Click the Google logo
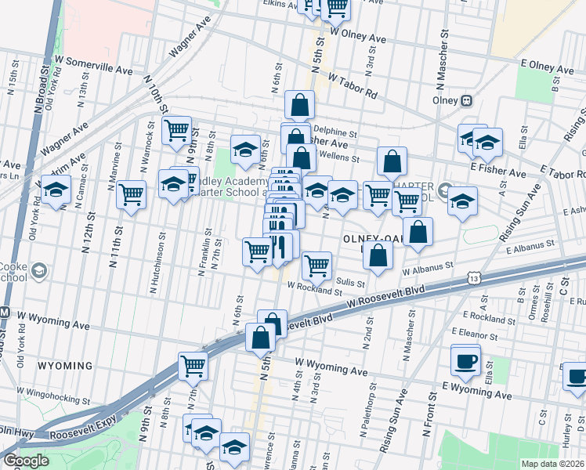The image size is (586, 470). point(26,461)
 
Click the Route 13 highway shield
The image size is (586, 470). point(473,278)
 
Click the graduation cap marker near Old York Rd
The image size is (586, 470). point(56,190)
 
